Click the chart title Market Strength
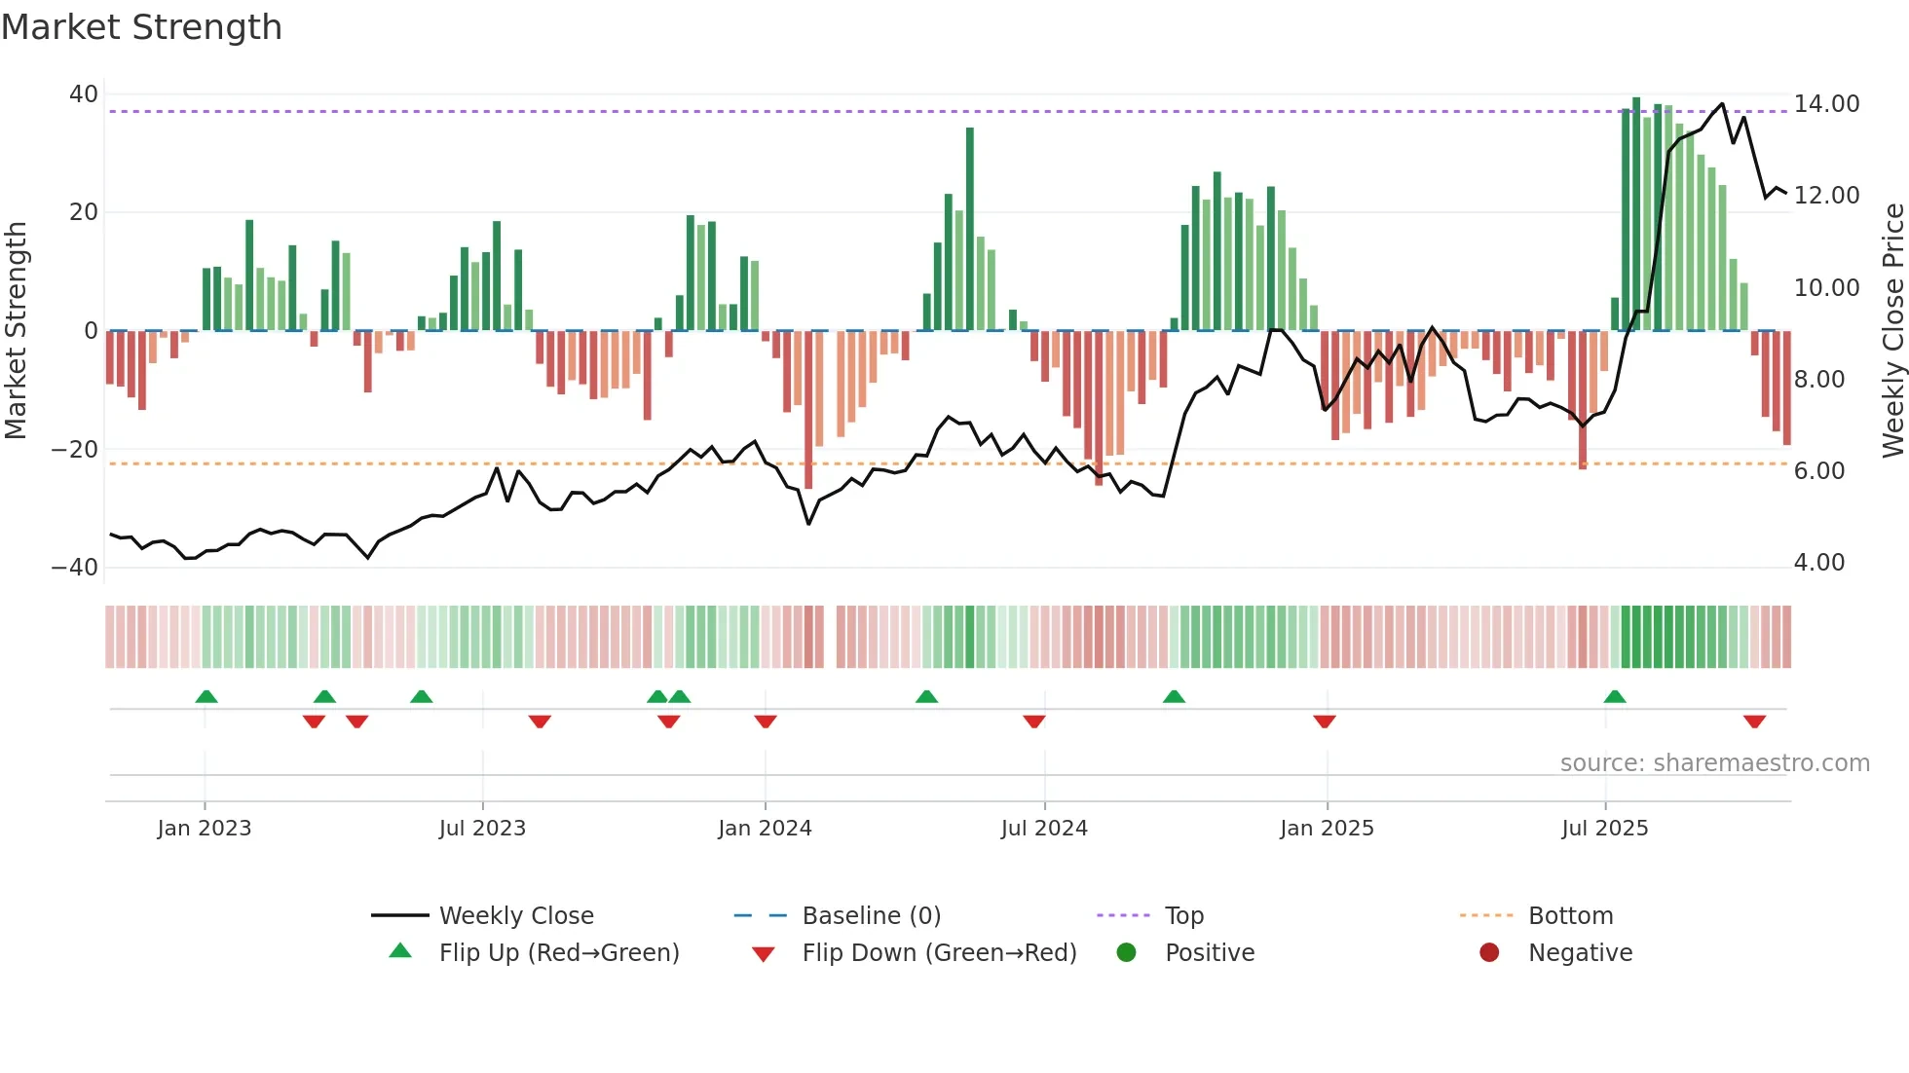click(141, 27)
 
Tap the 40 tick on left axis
click(84, 94)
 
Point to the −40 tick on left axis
click(75, 567)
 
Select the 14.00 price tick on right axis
click(1826, 104)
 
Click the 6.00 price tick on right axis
click(1818, 471)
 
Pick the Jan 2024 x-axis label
click(765, 829)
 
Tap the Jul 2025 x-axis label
click(1604, 829)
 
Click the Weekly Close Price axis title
click(1892, 331)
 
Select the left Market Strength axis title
click(16, 331)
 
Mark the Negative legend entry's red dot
click(1489, 953)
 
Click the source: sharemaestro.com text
click(1714, 763)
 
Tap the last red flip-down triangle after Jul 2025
click(1754, 721)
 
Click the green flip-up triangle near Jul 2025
click(1614, 696)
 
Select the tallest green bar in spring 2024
click(970, 229)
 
